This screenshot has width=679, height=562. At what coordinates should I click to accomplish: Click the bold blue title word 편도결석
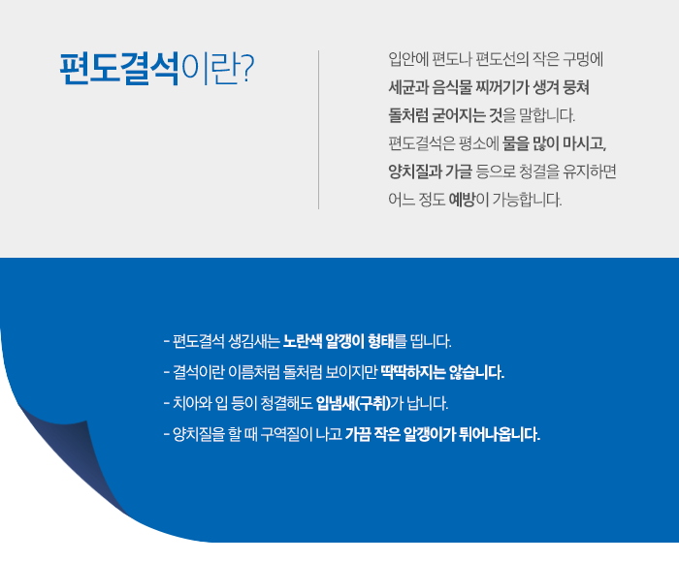[x=119, y=69]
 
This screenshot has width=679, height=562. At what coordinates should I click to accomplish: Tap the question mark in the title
[x=246, y=68]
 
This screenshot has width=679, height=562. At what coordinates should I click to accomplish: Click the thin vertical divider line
[x=319, y=130]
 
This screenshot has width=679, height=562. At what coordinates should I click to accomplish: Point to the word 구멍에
[x=583, y=59]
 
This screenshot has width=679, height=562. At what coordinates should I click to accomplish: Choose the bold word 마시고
[x=584, y=143]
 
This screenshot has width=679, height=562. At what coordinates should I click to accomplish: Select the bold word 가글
[x=459, y=172]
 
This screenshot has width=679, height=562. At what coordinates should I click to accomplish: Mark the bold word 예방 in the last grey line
[x=462, y=200]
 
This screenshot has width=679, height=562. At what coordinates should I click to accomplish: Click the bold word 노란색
[x=303, y=341]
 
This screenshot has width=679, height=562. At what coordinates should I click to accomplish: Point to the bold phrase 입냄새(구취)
[x=353, y=403]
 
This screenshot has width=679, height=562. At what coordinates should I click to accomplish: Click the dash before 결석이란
[x=166, y=372]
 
